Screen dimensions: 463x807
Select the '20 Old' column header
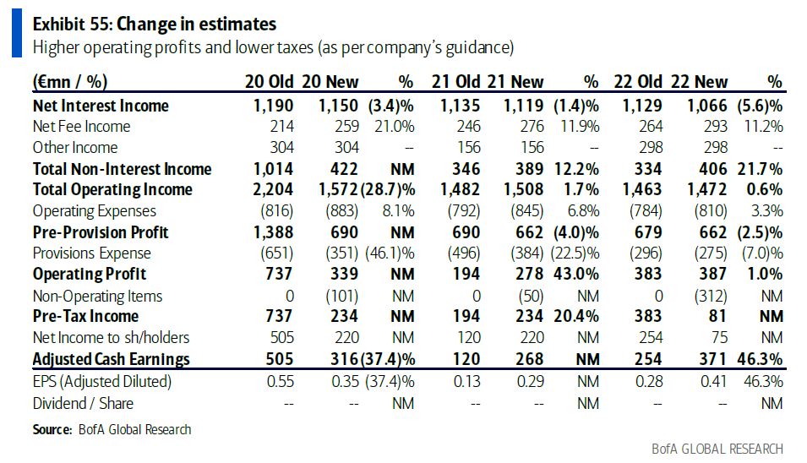pos(269,82)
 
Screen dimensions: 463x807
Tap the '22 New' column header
pos(699,82)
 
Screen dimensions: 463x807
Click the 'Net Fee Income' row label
pos(81,127)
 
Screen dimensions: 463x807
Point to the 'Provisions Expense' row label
pos(91,253)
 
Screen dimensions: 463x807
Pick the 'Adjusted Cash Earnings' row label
pos(111,359)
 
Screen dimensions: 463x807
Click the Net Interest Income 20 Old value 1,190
pos(273,106)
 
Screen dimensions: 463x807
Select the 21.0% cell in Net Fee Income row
pos(395,127)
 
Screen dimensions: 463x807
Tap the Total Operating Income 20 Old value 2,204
pos(273,190)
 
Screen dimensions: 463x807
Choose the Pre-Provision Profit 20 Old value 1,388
pos(273,232)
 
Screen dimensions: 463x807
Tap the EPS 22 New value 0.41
pos(713,381)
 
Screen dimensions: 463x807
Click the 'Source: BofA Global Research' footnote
pos(112,430)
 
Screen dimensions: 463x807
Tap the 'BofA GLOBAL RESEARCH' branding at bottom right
pos(717,449)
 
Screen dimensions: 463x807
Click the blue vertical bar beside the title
pos(16,35)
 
